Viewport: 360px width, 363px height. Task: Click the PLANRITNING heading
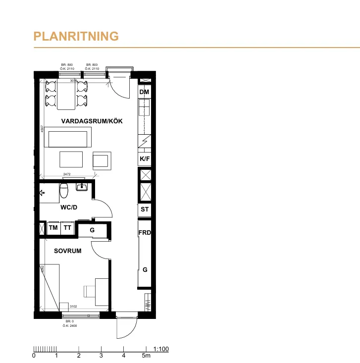[x=76, y=36]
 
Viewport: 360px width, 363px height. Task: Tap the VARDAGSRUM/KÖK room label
[x=92, y=121]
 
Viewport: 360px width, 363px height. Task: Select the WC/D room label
[x=68, y=208]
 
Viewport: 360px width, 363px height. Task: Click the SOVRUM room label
[x=67, y=251]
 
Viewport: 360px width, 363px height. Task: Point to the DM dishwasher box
[x=144, y=93]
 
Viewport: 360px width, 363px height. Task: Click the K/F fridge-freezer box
[x=144, y=159]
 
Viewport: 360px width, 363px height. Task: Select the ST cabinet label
[x=145, y=209]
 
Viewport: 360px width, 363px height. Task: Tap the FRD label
[x=145, y=233]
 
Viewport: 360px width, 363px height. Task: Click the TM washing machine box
[x=53, y=228]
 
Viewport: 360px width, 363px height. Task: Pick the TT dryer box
[x=67, y=228]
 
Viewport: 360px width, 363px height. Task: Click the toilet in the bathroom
[x=63, y=190]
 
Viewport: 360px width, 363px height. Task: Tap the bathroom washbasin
[x=82, y=187]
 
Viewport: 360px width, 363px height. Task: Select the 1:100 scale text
[x=161, y=349]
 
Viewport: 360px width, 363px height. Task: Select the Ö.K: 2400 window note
[x=69, y=326]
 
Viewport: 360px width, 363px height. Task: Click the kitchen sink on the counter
[x=144, y=107]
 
